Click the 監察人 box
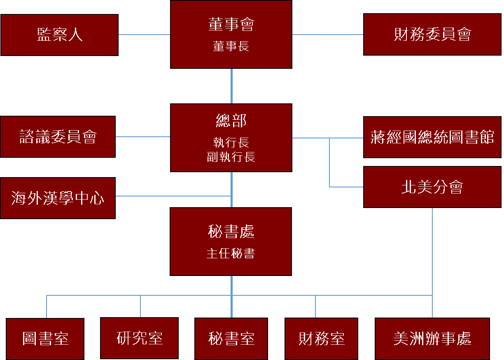point(59,35)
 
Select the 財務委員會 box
point(432,35)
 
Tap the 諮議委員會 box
point(58,137)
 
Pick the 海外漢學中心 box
point(58,198)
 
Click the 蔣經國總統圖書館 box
point(432,137)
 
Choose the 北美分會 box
point(432,187)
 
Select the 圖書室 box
point(45,339)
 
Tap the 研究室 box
point(140,338)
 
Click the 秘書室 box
point(231,339)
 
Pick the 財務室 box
point(322,339)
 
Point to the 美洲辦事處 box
point(432,339)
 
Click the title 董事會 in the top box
point(231,25)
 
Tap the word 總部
point(231,121)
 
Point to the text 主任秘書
point(231,253)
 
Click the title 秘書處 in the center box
point(231,231)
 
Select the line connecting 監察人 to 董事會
point(144,35)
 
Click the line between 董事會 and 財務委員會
point(328,35)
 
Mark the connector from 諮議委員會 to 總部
point(143,137)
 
